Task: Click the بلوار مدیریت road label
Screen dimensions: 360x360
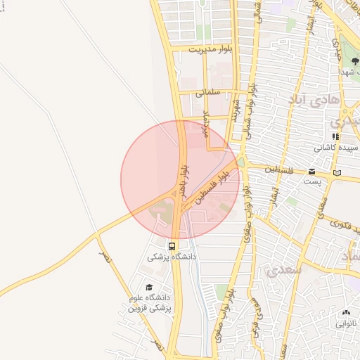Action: pyautogui.click(x=210, y=49)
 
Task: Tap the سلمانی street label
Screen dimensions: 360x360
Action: pyautogui.click(x=209, y=92)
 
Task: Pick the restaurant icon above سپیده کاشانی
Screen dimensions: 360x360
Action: pyautogui.click(x=336, y=136)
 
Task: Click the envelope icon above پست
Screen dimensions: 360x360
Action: pyautogui.click(x=311, y=171)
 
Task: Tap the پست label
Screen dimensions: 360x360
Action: pyautogui.click(x=311, y=181)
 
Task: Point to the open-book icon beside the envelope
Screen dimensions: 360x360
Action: pyautogui.click(x=337, y=173)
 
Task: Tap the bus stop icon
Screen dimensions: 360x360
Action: pyautogui.click(x=172, y=246)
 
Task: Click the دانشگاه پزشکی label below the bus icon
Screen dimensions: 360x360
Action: pyautogui.click(x=172, y=257)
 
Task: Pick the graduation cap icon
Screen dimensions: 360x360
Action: pyautogui.click(x=148, y=287)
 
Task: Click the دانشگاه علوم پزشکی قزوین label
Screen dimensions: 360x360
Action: pyautogui.click(x=149, y=303)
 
